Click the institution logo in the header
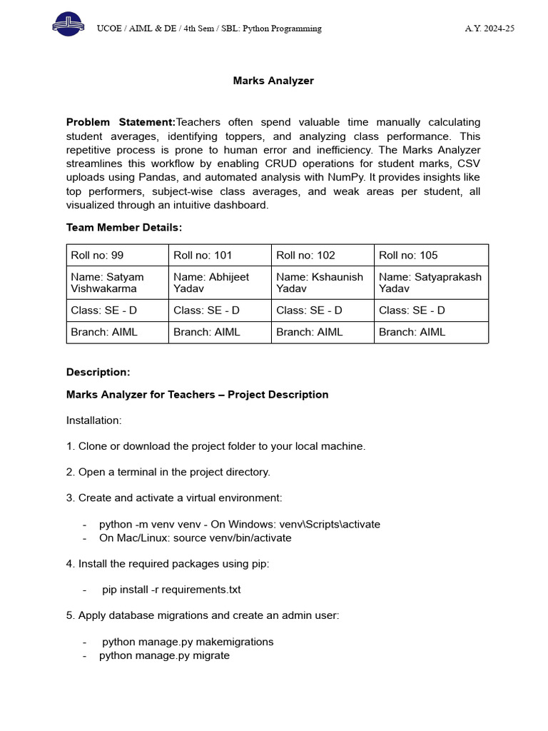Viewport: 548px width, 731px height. pos(67,27)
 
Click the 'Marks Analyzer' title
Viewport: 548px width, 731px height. pos(273,81)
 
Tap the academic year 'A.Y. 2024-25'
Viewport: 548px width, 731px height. pos(489,29)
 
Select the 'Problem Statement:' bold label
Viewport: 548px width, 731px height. pos(121,122)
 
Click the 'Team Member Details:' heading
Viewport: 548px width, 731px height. pos(124,227)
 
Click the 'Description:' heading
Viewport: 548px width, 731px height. pos(98,372)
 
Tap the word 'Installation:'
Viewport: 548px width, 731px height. pos(94,420)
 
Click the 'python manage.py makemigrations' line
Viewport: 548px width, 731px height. pos(188,642)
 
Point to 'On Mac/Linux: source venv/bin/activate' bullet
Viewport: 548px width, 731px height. pos(195,538)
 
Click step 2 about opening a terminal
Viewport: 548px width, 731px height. pos(168,472)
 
